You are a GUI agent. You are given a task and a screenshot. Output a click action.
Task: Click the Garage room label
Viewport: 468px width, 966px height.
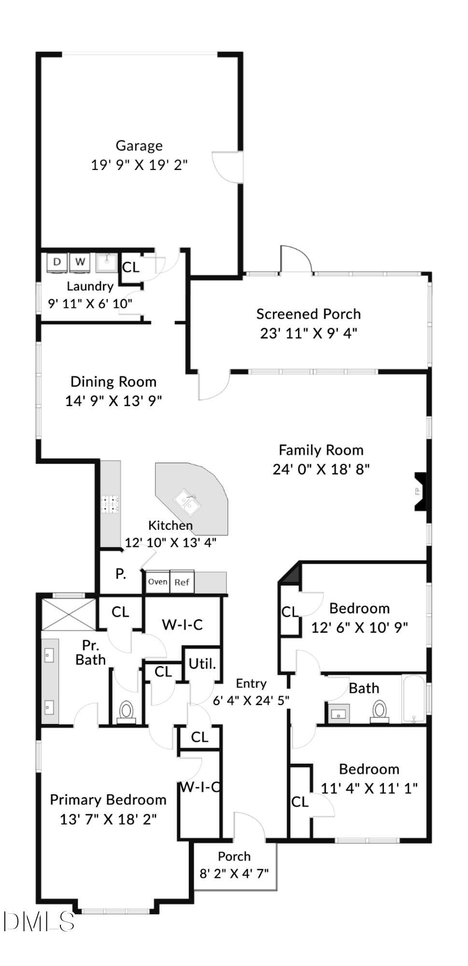pos(139,145)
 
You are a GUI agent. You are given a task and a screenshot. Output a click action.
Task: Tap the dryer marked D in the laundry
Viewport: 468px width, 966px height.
pos(57,262)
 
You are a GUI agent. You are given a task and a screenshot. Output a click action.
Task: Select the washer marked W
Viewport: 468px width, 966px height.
pos(80,262)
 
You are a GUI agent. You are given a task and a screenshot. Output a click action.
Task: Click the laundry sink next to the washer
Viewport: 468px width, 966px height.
pos(106,263)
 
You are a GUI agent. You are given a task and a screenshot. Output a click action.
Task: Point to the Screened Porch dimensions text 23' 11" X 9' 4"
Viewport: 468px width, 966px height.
pos(308,333)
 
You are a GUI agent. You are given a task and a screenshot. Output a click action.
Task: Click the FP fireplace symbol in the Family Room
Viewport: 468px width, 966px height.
pos(418,492)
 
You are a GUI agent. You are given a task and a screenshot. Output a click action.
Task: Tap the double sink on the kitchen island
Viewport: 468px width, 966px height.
pos(188,502)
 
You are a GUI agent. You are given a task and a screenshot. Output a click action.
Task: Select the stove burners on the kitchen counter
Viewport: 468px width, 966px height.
pos(110,504)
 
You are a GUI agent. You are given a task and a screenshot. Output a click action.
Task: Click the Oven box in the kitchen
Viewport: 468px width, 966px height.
pos(157,582)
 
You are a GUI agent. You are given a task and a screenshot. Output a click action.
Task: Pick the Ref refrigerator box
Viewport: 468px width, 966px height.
pos(182,582)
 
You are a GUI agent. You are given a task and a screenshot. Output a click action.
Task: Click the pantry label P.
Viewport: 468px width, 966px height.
pos(121,574)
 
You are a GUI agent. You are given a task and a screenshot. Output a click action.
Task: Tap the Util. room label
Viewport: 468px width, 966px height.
pos(202,664)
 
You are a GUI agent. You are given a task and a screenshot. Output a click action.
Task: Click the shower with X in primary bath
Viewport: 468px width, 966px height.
pos(69,614)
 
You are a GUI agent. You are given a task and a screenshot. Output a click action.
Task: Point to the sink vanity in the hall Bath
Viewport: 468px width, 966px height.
pos(339,713)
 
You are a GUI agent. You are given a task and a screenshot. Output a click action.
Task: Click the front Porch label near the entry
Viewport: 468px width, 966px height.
pos(234,856)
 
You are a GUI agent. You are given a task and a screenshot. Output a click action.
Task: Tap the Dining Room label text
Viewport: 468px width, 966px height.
pos(113,382)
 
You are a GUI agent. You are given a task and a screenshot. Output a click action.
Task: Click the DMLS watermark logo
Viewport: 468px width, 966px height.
pos(39,921)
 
